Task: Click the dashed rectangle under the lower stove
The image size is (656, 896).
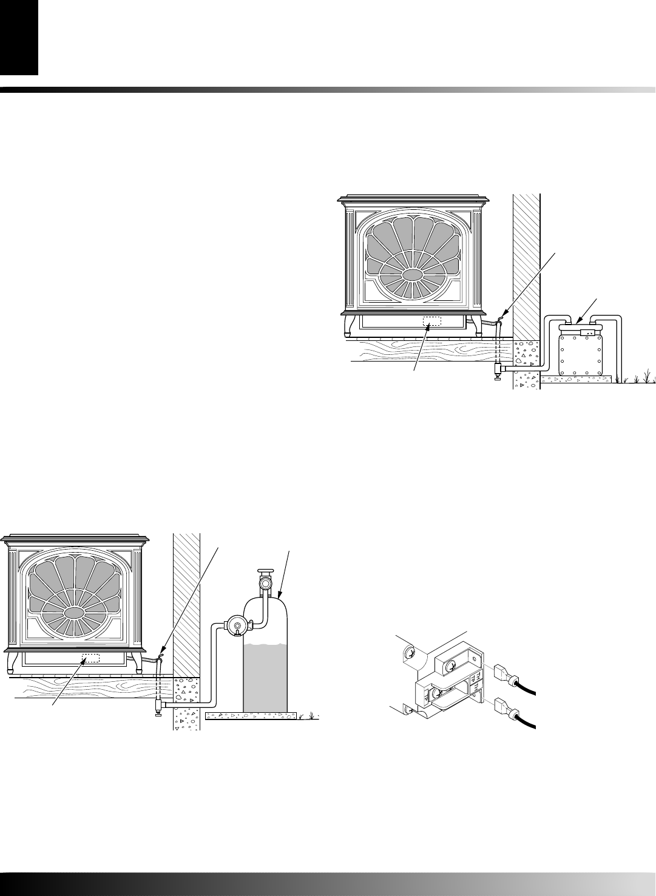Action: (90, 659)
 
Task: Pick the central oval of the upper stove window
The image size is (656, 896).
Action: (413, 275)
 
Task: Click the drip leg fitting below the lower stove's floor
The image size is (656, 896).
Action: (160, 707)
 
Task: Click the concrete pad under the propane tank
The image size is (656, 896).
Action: (252, 716)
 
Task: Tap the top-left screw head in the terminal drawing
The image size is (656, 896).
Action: (408, 654)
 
